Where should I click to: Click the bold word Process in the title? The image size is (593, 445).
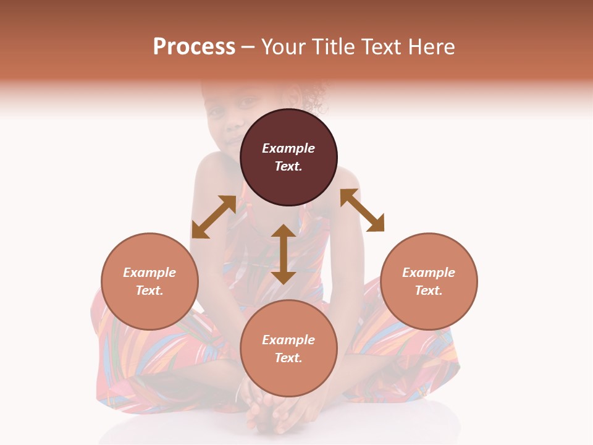pos(194,47)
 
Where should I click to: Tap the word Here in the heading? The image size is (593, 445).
pos(432,47)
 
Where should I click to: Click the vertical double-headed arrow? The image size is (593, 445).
pos(284,254)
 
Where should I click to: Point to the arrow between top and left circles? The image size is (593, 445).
pos(214,217)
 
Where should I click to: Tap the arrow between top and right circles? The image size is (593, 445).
pos(362,210)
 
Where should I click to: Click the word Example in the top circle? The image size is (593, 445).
pos(288,148)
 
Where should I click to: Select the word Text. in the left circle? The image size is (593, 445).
pos(149,290)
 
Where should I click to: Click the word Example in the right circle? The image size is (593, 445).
pos(429,273)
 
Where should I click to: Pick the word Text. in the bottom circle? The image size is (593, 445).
pos(288,358)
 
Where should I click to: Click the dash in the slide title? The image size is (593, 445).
pos(248,47)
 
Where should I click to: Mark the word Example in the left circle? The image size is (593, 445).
pos(149,273)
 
